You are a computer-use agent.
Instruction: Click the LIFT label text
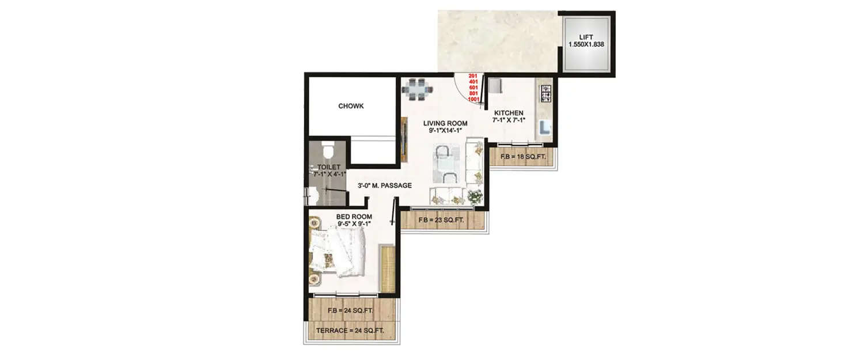tap(586, 37)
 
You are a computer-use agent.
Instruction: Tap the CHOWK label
tap(351, 106)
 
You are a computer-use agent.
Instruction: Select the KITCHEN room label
tap(507, 113)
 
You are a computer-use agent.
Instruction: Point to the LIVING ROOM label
tap(445, 123)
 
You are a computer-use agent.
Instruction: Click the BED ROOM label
tap(354, 217)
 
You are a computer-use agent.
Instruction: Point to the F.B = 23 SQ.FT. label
tap(442, 219)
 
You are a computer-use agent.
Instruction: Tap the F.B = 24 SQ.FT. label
tap(350, 311)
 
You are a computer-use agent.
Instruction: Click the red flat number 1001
tap(473, 99)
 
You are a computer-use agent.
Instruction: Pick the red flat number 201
tap(473, 76)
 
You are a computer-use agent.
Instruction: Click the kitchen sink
tap(545, 128)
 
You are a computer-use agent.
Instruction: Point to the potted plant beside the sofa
tap(475, 196)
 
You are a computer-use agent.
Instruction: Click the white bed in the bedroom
tap(340, 251)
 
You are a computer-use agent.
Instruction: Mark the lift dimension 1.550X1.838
tap(586, 44)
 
